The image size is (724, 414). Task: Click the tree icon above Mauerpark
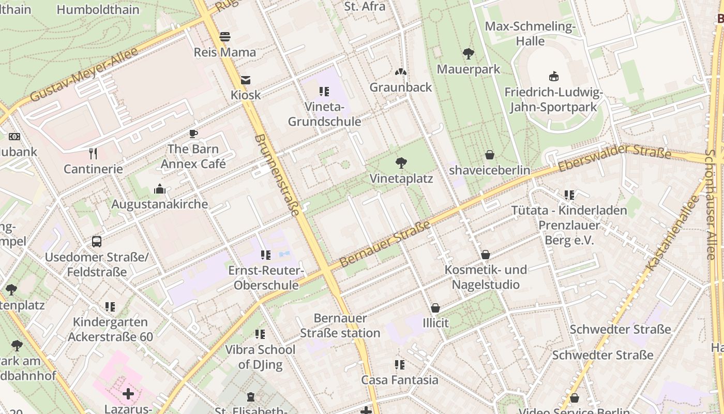click(x=469, y=53)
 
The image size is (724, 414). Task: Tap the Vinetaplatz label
click(x=401, y=179)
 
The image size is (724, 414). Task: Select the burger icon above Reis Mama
click(x=225, y=37)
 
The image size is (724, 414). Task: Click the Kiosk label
click(x=246, y=95)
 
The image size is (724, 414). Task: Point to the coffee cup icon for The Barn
click(x=193, y=134)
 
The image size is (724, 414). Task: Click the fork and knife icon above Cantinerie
click(x=93, y=154)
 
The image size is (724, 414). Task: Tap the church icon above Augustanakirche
click(x=160, y=189)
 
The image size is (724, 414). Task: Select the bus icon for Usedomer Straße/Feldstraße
click(x=97, y=242)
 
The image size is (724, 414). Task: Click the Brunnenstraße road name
click(x=277, y=175)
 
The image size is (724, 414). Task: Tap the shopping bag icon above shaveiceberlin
click(x=490, y=155)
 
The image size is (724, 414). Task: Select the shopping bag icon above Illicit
click(x=435, y=308)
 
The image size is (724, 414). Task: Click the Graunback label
click(x=401, y=87)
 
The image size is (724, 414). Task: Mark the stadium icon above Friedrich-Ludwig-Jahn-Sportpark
click(x=554, y=77)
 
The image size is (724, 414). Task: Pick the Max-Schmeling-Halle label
click(x=530, y=34)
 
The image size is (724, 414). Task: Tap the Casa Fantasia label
click(x=400, y=380)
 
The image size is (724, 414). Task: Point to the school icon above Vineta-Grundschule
click(x=324, y=92)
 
